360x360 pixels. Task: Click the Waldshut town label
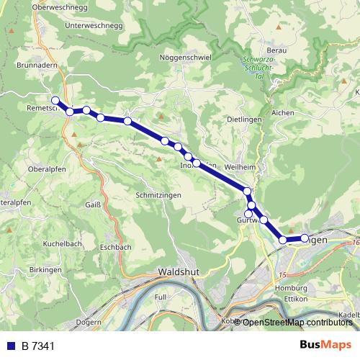(177, 272)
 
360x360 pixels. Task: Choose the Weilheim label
(240, 167)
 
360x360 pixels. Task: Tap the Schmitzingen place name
(158, 195)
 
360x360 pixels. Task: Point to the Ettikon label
(296, 299)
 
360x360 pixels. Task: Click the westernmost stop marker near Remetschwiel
(55, 100)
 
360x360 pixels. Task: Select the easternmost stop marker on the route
(304, 238)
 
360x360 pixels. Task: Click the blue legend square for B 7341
(11, 346)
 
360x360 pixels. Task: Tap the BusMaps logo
(326, 345)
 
